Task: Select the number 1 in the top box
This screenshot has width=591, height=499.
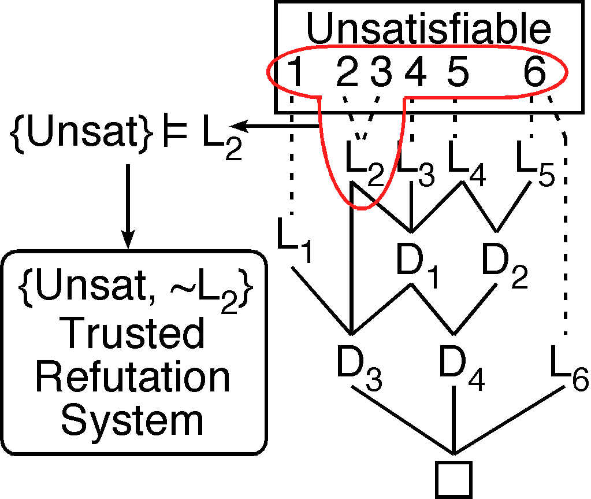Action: tap(295, 74)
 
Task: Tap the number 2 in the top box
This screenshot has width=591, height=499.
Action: tap(348, 74)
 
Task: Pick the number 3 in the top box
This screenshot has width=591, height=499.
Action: tap(381, 74)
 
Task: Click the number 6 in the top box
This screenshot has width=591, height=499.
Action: tap(534, 74)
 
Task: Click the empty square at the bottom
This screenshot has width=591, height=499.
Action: tap(454, 479)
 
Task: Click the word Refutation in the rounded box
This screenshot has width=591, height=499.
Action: tap(133, 377)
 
